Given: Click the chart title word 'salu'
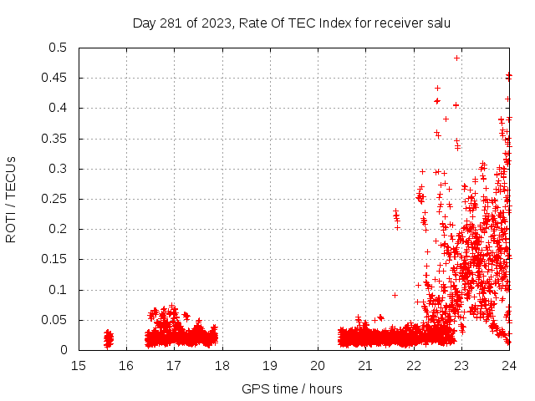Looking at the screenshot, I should point(437,23).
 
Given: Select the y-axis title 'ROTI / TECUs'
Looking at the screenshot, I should point(11,199).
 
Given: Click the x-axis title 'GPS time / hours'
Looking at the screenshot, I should point(292,388).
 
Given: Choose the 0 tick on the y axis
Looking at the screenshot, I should point(64,351).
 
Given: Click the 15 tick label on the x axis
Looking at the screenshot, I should point(79,366).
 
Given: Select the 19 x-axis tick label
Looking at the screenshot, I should point(270,366).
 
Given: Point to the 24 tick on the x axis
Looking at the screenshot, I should point(509,366).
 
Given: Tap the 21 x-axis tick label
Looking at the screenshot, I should point(365,366).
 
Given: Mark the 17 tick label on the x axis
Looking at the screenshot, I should point(174,366).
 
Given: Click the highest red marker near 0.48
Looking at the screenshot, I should point(456,58).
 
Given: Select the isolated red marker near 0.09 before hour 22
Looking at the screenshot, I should point(395,295).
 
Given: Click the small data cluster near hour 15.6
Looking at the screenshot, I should point(108,338).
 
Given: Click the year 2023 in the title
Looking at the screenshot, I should point(215,23).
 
